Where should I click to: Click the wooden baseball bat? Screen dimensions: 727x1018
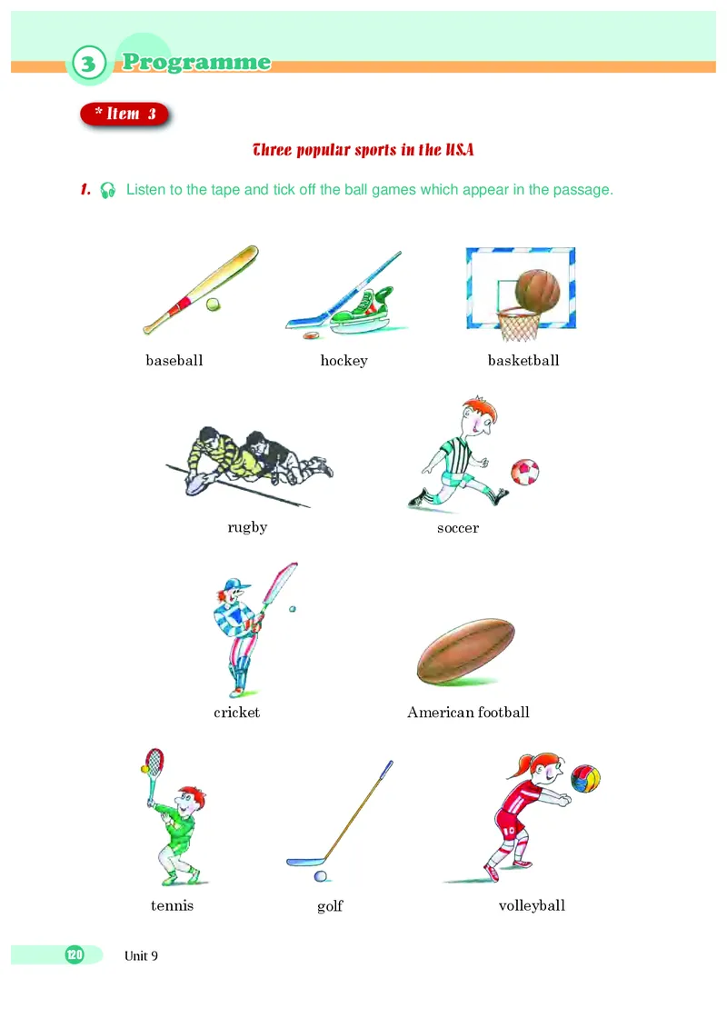tap(201, 290)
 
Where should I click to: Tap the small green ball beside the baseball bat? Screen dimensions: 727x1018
tap(213, 304)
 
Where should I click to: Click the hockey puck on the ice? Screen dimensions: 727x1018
tap(312, 335)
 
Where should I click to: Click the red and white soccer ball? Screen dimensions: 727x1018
tap(525, 472)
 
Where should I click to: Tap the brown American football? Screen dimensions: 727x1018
tap(466, 652)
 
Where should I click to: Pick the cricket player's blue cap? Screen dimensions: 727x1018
tap(235, 584)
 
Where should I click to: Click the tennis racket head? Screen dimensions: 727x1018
tap(154, 761)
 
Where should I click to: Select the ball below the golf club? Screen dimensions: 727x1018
tap(320, 876)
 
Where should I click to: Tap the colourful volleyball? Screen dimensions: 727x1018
tap(585, 778)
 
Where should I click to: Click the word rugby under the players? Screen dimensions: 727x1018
tap(247, 527)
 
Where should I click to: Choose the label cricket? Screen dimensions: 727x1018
tap(237, 713)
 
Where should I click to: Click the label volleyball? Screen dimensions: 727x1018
tap(532, 905)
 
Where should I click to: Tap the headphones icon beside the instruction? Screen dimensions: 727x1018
tap(108, 190)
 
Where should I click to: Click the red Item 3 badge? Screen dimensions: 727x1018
tap(124, 115)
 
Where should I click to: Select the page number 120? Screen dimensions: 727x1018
tap(75, 954)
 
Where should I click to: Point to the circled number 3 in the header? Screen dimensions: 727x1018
tap(89, 64)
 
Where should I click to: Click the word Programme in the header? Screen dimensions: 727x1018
tap(196, 63)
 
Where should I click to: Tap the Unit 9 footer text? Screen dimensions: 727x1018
tap(141, 955)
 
